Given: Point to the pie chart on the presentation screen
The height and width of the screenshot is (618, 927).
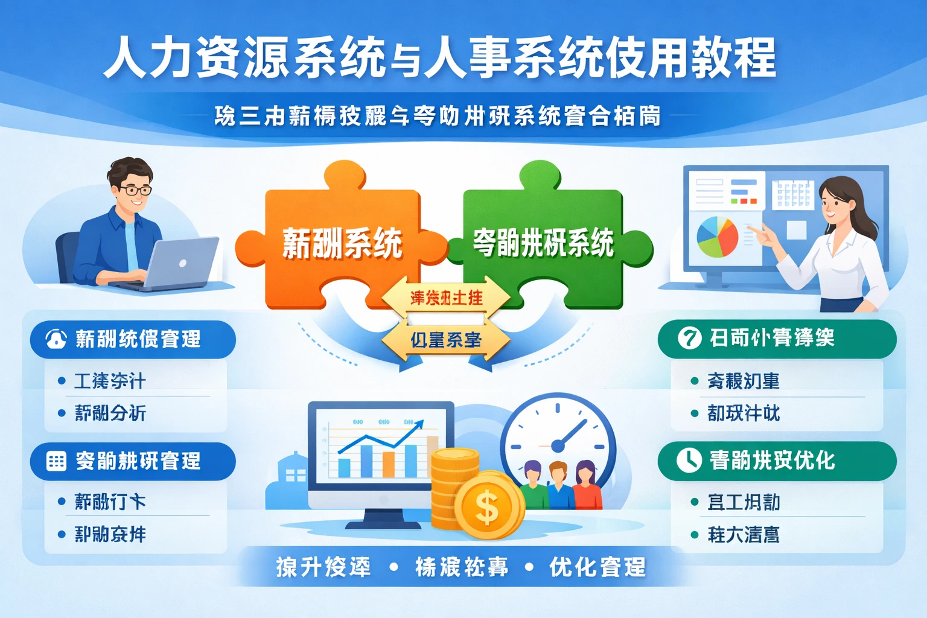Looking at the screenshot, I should (717, 237).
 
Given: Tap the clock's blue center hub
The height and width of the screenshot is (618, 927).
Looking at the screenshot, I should (558, 446).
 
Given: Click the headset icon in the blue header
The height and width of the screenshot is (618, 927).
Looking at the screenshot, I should (56, 339).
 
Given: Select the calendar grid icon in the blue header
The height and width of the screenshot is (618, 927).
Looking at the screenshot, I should (56, 461).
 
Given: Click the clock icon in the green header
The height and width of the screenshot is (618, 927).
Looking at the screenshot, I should (689, 460).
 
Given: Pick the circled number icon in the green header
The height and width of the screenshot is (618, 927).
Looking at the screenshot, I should (689, 337).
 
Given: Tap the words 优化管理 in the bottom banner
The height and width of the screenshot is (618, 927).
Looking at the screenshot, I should (597, 567).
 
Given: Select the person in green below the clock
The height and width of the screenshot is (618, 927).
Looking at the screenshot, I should (532, 486).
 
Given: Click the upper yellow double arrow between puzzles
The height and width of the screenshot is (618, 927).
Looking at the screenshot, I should (446, 298).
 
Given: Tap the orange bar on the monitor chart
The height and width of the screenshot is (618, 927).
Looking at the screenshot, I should (389, 463).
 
